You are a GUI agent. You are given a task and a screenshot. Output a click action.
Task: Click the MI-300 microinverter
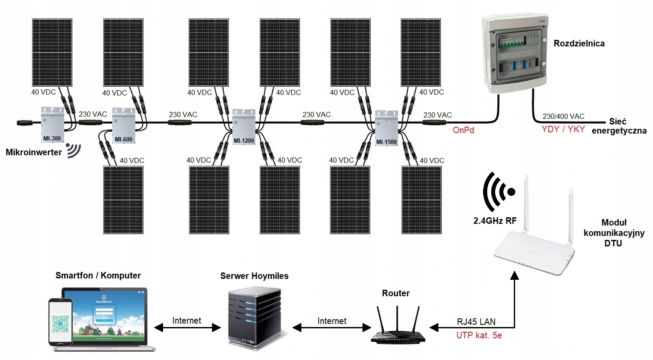coord(52,124)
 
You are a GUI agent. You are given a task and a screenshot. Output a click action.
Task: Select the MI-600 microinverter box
coord(124,125)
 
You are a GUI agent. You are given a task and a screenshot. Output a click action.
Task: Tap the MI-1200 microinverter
coord(243,126)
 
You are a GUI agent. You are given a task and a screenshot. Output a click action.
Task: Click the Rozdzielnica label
coord(579,43)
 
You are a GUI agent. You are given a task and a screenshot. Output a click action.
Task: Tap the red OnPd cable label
coord(463,130)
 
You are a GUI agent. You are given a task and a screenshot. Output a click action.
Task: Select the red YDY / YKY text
coord(563,129)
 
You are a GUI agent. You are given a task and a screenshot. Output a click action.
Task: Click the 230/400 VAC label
coord(563,116)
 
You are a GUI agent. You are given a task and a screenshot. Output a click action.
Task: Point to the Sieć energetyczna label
coord(619,126)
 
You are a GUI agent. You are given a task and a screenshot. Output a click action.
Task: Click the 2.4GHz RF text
coord(495,221)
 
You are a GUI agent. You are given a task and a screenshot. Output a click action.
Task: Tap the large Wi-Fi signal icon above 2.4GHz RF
coord(498,192)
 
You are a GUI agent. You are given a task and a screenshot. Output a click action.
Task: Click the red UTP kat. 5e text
coord(479,335)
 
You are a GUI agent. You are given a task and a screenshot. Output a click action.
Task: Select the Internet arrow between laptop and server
coord(187,328)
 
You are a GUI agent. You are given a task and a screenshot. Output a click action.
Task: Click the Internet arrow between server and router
coord(331,328)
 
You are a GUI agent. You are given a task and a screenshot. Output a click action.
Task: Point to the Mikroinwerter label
coord(34,152)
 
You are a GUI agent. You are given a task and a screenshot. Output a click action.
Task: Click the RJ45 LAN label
coord(476,322)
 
